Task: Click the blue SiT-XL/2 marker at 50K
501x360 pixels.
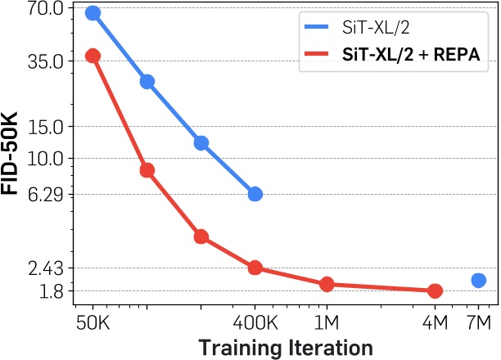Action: click(93, 13)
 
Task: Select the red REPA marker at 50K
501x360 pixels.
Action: click(93, 56)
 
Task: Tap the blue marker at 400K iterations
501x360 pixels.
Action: click(255, 194)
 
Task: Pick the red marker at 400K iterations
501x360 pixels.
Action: click(255, 268)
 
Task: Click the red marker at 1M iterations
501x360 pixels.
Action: click(327, 285)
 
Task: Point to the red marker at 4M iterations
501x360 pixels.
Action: click(435, 291)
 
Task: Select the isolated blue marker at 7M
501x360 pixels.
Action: click(479, 281)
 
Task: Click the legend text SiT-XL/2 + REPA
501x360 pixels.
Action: click(409, 56)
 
